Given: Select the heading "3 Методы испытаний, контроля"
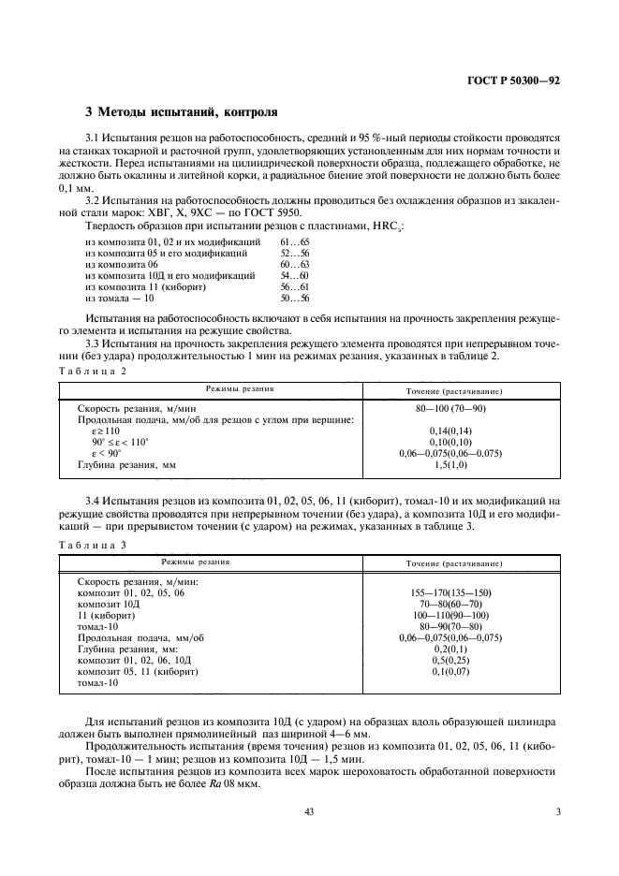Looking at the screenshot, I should point(181,112).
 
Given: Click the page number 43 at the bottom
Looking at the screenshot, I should point(308,812).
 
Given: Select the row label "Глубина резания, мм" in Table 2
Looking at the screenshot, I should point(126,464).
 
